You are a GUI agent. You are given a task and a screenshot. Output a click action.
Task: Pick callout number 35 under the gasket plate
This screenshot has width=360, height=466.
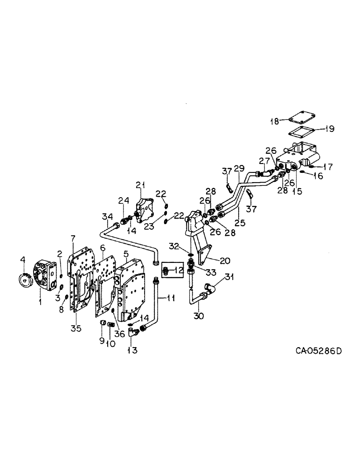pos(76,328)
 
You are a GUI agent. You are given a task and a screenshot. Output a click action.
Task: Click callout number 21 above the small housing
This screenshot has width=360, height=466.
pos(139,185)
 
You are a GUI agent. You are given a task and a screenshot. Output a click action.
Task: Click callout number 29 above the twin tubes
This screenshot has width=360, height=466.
pos(239,167)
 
